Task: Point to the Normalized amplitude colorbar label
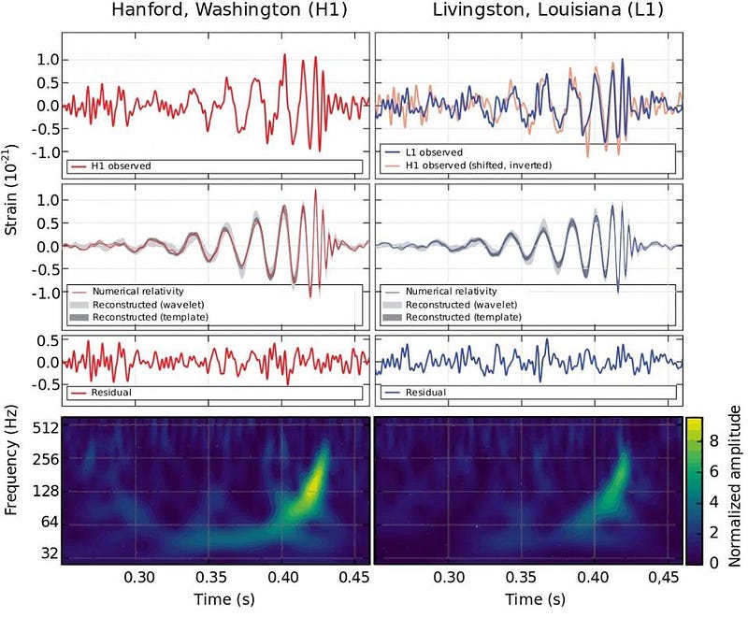pos(735,487)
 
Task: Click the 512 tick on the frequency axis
pos(46,428)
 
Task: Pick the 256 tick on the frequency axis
pos(46,459)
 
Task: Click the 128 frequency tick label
pos(46,491)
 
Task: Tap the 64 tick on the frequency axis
pos(50,523)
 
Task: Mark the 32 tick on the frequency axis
pos(50,553)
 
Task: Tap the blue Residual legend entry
pos(426,392)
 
